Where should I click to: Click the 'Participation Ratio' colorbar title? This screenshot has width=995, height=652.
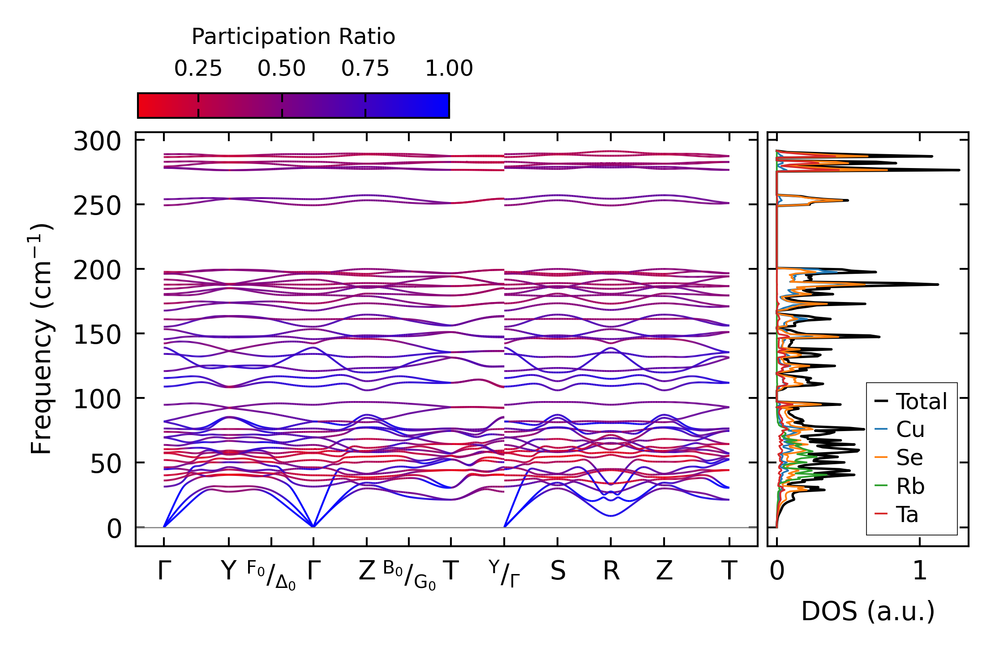(293, 37)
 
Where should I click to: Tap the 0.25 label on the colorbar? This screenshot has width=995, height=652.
(198, 69)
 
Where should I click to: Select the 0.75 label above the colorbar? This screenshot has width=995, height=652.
(365, 69)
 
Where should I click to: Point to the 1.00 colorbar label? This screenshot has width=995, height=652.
(449, 69)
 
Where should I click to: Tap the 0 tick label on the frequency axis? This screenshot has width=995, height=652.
(114, 529)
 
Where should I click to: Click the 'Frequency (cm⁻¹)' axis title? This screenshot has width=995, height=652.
(41, 339)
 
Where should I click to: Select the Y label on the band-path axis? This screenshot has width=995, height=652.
(228, 571)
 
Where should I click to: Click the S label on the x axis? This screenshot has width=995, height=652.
(558, 571)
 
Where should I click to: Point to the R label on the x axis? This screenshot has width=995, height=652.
(611, 571)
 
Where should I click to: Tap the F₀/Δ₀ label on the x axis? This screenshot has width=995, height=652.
(271, 575)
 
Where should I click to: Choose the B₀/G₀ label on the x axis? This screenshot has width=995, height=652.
(409, 575)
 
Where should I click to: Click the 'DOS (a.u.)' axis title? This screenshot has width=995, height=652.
(868, 611)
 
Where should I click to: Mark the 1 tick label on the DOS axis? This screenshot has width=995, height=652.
(920, 571)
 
